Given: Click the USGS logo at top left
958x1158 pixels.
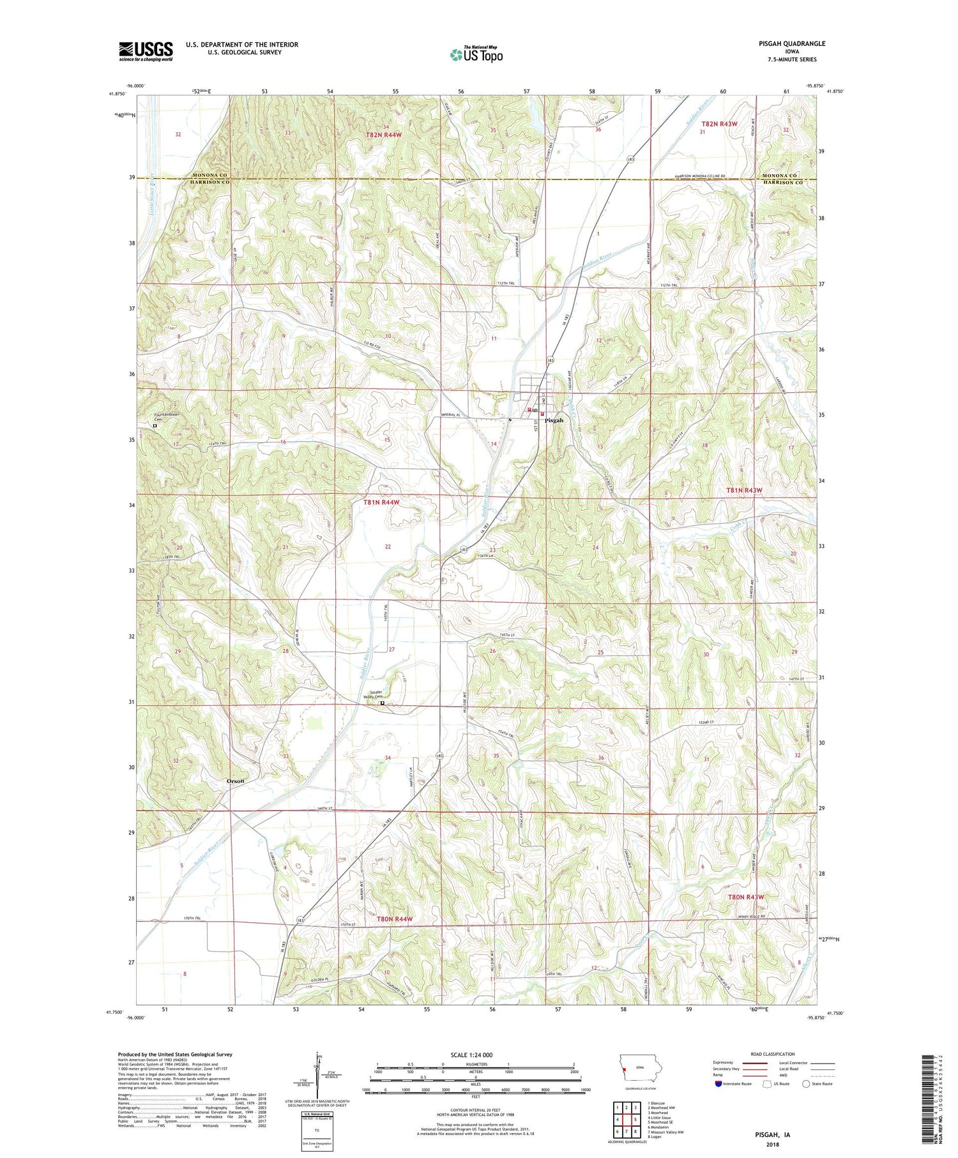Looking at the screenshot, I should tap(146, 51).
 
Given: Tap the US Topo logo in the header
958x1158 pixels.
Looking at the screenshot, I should tap(476, 54).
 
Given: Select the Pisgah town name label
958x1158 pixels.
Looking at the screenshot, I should tap(554, 420).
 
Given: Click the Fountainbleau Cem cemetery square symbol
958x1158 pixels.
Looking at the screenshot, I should tap(155, 425).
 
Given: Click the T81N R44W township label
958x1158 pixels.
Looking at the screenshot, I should tap(381, 503).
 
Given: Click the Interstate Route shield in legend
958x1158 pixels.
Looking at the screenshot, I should tap(719, 1084).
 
